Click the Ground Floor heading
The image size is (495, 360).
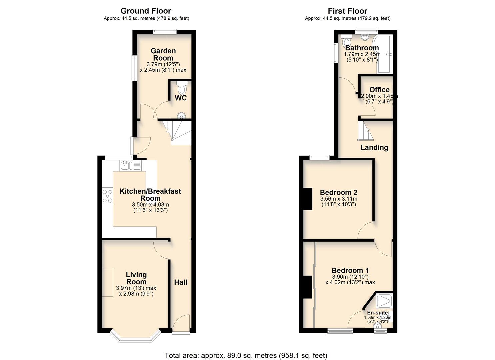(146, 11)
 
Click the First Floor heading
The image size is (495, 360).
(347, 11)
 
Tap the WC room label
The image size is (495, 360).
(181, 98)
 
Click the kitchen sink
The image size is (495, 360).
(126, 165)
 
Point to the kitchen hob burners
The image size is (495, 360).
(107, 196)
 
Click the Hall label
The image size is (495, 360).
(181, 282)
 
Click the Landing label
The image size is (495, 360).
(374, 147)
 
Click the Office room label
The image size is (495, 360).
(379, 90)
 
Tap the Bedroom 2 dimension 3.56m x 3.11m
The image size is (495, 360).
(338, 199)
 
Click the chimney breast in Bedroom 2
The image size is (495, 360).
(307, 199)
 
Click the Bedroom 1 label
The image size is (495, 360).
(350, 270)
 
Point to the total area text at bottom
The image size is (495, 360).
(246, 355)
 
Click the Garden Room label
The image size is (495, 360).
(163, 54)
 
